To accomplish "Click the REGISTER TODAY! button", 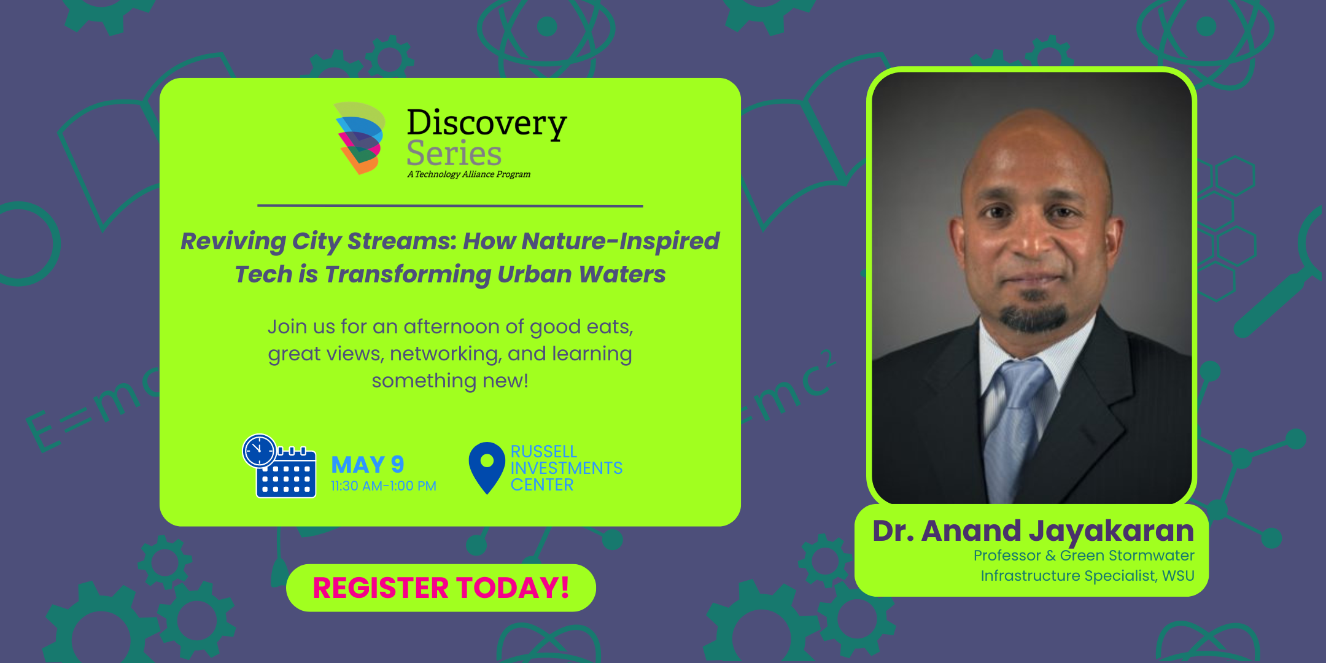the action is coord(441,587).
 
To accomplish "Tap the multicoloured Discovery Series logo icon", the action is coord(360,138).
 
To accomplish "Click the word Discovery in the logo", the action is coord(487,123).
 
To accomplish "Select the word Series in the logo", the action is coord(454,153).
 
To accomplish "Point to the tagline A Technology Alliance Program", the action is coord(469,174).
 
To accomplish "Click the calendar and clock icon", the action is coord(279,466).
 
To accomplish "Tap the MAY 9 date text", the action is coord(368,465).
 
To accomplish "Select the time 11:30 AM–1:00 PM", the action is coord(384,486).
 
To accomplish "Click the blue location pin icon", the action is coord(487,467).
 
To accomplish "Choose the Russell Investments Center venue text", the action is coord(567,468).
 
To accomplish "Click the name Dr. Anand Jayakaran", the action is coord(1033,530).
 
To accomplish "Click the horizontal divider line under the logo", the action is coord(450,206).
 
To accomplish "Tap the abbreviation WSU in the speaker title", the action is coord(1178,576).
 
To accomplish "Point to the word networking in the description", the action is coord(446,354).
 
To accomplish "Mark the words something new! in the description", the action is coord(450,381).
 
